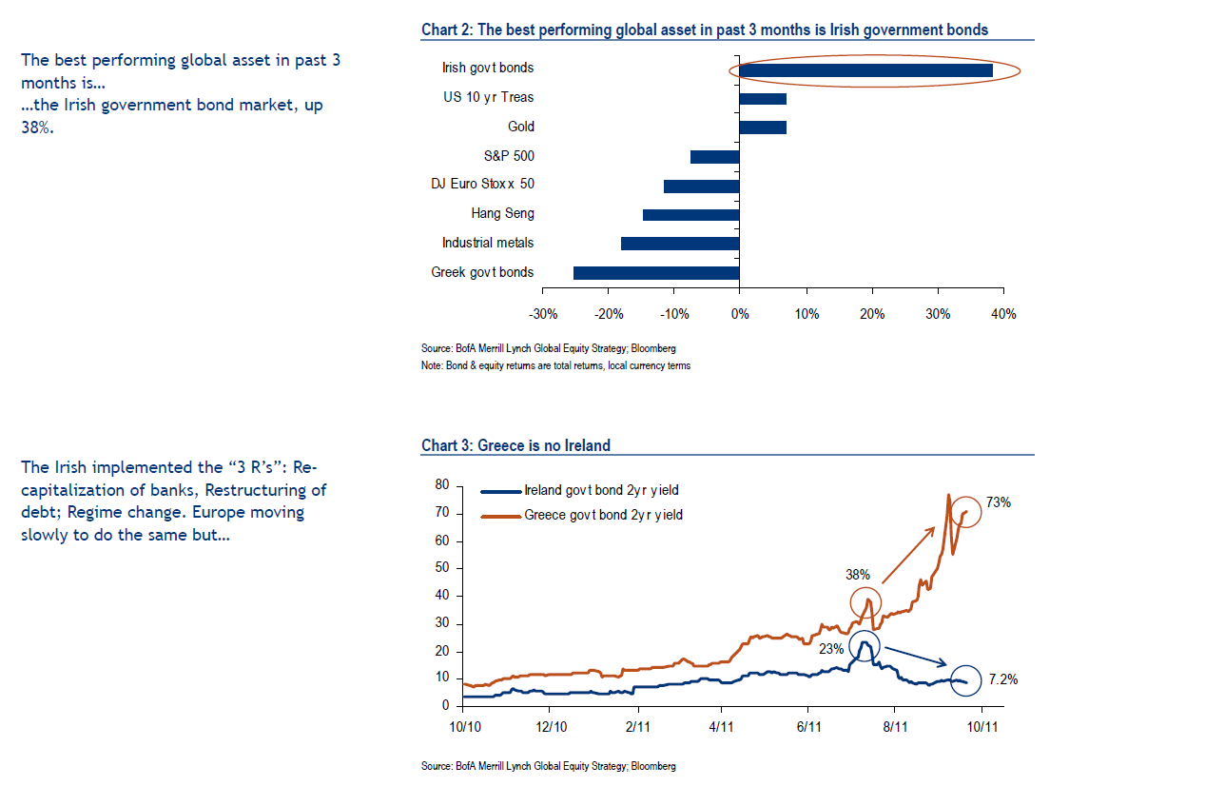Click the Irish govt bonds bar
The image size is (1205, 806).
865,69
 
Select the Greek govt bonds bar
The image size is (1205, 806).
656,273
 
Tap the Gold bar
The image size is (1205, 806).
763,128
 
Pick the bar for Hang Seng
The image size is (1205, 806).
691,214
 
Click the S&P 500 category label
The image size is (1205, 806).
509,156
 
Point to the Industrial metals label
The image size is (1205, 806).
488,244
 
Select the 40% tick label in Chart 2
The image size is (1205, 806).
1003,314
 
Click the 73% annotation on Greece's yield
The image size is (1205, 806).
998,502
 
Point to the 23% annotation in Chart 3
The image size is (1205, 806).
831,650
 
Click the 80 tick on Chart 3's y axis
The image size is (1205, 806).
442,485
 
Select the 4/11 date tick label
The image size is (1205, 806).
721,726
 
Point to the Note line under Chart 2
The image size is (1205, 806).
555,365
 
